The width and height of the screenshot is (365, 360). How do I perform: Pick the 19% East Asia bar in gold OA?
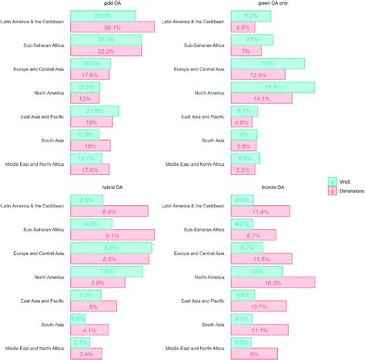91,122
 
